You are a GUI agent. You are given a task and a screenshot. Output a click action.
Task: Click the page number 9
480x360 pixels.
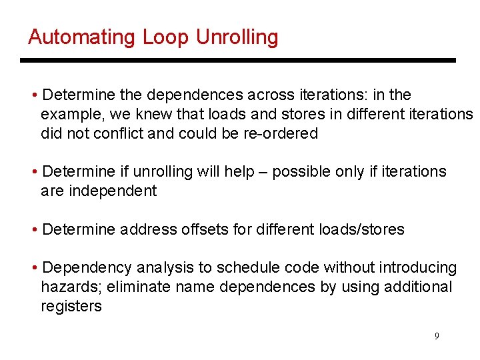(x=437, y=336)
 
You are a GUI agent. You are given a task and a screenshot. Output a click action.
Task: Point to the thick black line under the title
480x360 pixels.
(x=237, y=61)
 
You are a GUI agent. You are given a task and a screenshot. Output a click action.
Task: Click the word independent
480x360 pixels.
(x=99, y=191)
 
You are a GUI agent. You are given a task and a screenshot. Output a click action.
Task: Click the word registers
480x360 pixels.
(x=71, y=307)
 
